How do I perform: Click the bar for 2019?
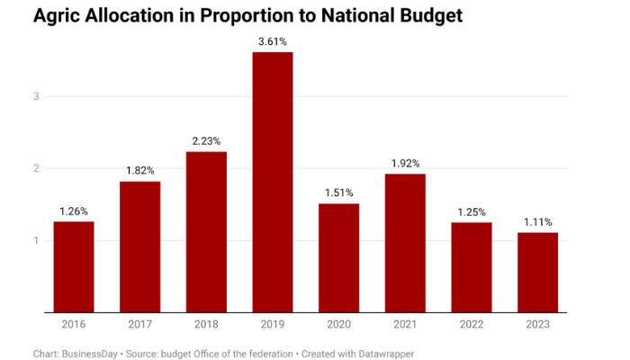272,183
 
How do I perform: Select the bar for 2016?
74,267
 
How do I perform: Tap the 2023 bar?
538,273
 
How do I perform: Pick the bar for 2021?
405,243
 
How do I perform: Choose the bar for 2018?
206,232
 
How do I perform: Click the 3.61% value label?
272,41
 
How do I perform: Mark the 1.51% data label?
338,193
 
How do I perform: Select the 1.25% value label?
472,212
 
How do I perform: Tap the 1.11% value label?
538,222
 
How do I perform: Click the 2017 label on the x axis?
139,324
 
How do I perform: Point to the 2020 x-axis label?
338,324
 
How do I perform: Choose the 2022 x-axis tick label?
472,324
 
